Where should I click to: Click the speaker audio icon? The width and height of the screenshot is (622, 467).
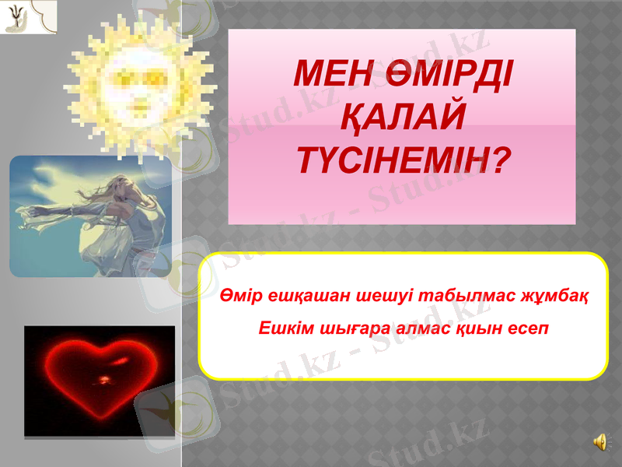coord(601,442)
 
